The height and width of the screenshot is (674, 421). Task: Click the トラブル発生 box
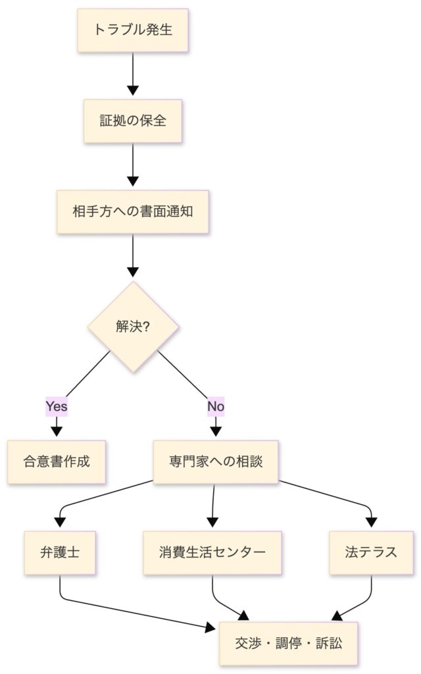134,30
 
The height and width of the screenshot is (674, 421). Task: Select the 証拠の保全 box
134,121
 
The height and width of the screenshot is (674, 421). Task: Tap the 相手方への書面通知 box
134,212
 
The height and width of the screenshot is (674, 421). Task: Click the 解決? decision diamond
134,327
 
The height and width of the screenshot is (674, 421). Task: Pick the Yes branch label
57,406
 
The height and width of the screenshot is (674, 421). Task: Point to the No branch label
216,406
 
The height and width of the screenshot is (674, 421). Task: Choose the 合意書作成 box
57,461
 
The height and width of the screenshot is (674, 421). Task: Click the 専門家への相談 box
216,461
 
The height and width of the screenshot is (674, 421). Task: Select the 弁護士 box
61,552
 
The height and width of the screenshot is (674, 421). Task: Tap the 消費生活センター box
212,552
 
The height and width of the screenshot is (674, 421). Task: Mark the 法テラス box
371,552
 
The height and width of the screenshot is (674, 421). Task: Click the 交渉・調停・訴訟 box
288,643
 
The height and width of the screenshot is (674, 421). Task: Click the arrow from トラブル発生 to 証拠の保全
134,74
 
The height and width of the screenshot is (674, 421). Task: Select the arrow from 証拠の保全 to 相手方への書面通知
134,165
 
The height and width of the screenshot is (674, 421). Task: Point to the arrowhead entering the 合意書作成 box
57,432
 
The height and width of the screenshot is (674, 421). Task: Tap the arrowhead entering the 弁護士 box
61,523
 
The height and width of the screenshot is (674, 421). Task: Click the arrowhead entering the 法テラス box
371,523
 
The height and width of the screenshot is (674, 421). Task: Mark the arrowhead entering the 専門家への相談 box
216,432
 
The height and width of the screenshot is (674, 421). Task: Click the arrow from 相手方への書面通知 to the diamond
134,255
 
